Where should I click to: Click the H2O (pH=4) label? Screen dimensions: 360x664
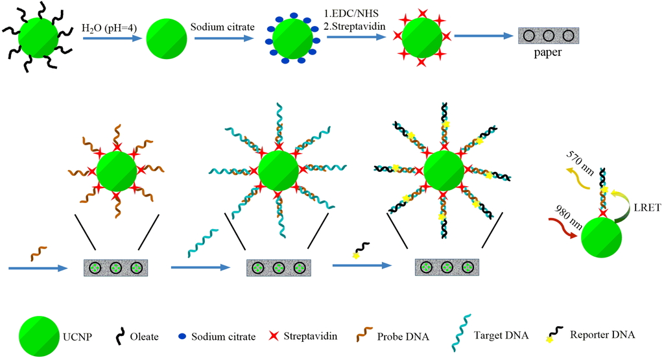click(x=107, y=29)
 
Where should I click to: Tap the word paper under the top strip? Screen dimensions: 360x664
click(x=548, y=53)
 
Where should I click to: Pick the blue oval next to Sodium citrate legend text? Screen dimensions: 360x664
click(x=183, y=337)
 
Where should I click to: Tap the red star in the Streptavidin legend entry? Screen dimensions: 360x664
click(x=273, y=336)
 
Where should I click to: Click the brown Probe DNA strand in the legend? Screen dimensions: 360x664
click(x=364, y=335)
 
